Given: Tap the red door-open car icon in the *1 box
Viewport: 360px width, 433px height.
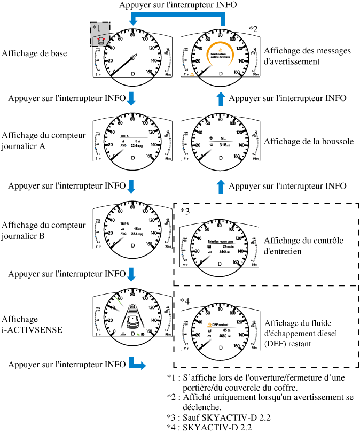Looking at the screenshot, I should [x=99, y=40].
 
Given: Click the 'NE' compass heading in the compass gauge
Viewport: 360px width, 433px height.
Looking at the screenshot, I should [x=223, y=137].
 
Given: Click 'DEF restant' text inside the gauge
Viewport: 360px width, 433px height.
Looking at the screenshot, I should [x=221, y=324].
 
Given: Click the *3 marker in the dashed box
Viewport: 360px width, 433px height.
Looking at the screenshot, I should [x=185, y=211].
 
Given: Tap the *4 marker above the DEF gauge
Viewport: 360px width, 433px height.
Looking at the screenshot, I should [x=185, y=300].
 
